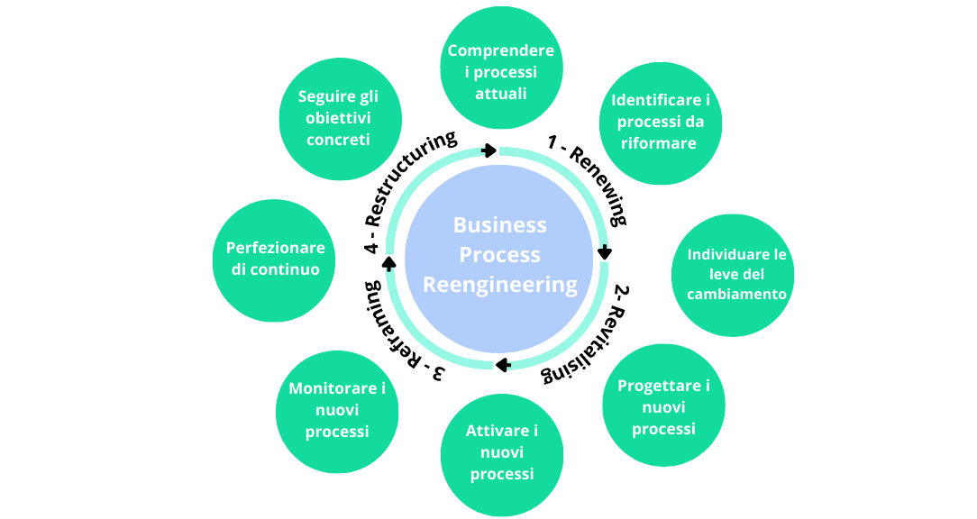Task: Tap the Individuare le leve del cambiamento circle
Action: [x=736, y=274]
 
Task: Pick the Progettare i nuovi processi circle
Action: [x=662, y=406]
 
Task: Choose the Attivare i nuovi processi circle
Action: [x=502, y=453]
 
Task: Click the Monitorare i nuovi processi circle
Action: [x=337, y=411]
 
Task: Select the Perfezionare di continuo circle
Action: [x=275, y=259]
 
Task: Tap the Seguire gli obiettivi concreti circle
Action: [x=337, y=119]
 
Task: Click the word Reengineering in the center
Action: [x=500, y=285]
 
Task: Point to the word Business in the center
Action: [x=500, y=224]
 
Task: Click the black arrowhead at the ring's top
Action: [x=489, y=150]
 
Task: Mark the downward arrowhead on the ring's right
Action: [x=605, y=253]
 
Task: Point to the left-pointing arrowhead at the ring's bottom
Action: [x=503, y=365]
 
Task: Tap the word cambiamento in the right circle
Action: [x=736, y=294]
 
